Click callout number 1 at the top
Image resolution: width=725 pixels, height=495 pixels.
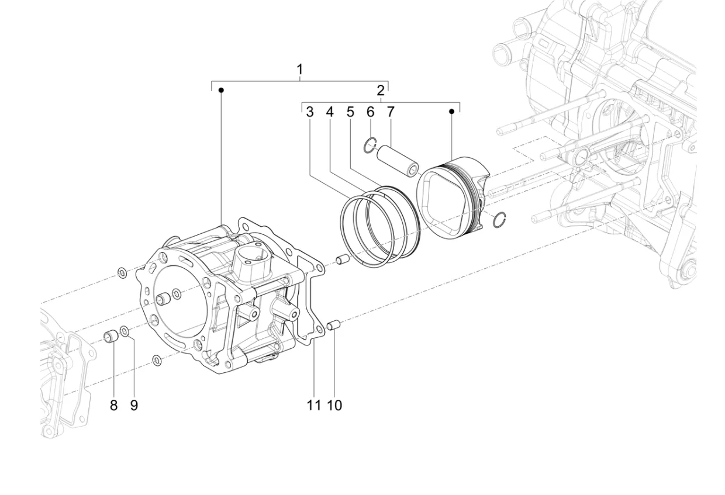tap(300, 69)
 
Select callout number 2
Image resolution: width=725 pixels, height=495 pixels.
tap(381, 90)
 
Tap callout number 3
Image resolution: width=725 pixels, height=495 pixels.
tap(310, 112)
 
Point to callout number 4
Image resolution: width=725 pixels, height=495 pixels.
tap(330, 112)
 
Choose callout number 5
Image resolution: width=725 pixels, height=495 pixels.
tap(350, 112)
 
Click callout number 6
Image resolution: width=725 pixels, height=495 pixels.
tap(370, 112)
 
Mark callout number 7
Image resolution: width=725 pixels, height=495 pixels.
tap(391, 112)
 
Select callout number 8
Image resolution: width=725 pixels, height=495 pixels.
tap(113, 405)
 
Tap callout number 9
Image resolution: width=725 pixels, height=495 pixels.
tap(134, 405)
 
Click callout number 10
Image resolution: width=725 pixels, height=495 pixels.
tap(334, 405)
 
